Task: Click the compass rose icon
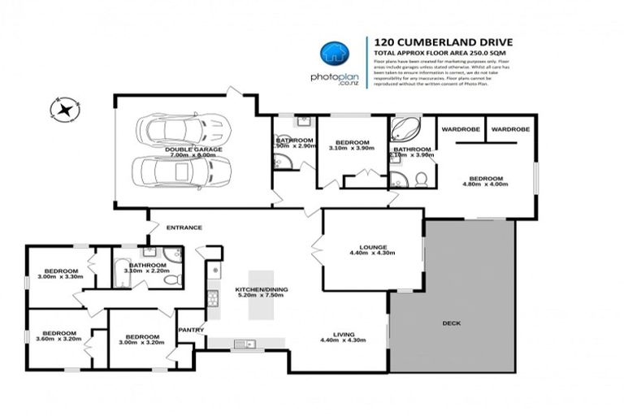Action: [63, 108]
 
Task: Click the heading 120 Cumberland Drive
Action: [431, 41]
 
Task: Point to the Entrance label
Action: [184, 227]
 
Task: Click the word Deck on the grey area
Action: [451, 323]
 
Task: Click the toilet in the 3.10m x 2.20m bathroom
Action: [171, 279]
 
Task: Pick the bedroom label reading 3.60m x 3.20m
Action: [59, 337]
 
